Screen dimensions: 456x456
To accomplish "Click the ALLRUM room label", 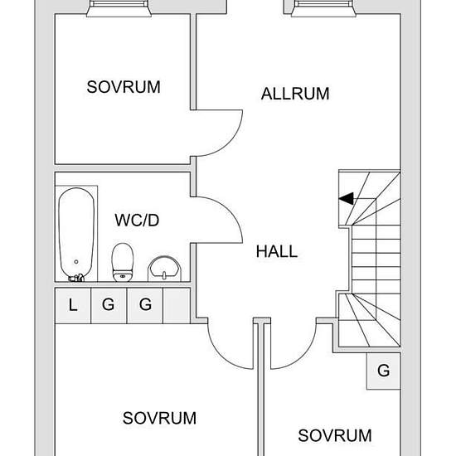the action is point(295,94).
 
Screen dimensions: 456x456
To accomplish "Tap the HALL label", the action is point(277,251).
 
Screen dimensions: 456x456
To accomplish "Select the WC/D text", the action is point(137,221).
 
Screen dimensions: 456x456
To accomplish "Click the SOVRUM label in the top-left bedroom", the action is point(124,87).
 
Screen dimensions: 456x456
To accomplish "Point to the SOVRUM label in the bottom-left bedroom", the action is point(159,418).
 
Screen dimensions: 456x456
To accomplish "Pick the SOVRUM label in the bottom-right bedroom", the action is point(335,435).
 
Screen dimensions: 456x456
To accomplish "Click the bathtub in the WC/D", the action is point(76,234).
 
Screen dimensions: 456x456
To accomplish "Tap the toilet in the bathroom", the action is point(123,262).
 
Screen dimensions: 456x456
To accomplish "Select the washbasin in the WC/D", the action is point(164,269).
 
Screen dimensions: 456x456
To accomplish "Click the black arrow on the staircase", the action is point(346,199).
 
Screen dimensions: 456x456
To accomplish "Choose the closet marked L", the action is point(73,305).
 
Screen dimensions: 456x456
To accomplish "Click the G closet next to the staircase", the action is point(384,371).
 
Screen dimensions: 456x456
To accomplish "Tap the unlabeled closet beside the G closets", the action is point(177,305).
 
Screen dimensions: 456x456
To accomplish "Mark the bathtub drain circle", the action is point(76,262).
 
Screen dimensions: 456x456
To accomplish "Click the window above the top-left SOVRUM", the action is point(119,8).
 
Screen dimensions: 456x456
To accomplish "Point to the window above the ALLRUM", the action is point(323,8).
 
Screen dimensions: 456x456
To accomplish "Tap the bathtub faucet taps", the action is point(76,278).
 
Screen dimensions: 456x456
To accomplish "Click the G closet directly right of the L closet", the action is point(109,305).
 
